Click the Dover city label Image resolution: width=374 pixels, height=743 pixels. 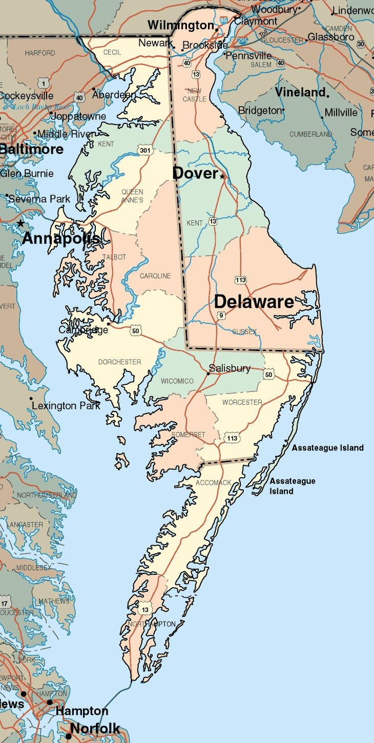pyautogui.click(x=195, y=173)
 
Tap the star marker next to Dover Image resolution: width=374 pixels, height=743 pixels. pyautogui.click(x=222, y=176)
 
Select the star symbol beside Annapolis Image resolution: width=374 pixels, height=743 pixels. pyautogui.click(x=20, y=223)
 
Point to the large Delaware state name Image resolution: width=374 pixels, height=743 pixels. pyautogui.click(x=254, y=302)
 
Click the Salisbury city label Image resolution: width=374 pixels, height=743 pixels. pyautogui.click(x=230, y=368)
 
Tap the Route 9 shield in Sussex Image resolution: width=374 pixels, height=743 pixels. pyautogui.click(x=221, y=315)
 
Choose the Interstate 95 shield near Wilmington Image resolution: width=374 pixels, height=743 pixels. pyautogui.click(x=223, y=20)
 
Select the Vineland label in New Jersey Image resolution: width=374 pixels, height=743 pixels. pyautogui.click(x=300, y=93)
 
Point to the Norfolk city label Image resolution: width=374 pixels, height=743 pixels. pyautogui.click(x=95, y=728)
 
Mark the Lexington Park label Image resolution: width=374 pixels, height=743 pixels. pyautogui.click(x=66, y=406)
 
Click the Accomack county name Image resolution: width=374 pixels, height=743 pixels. pyautogui.click(x=213, y=483)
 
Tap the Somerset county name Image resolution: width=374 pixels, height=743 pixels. pyautogui.click(x=188, y=435)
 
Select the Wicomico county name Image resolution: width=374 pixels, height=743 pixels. pyautogui.click(x=177, y=381)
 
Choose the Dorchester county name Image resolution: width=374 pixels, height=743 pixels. pyautogui.click(x=119, y=362)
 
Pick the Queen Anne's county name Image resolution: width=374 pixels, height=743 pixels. pyautogui.click(x=132, y=196)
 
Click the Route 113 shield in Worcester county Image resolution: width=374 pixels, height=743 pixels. pyautogui.click(x=232, y=438)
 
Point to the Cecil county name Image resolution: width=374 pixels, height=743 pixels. pyautogui.click(x=112, y=53)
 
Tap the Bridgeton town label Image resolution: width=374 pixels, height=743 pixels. pyautogui.click(x=260, y=111)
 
